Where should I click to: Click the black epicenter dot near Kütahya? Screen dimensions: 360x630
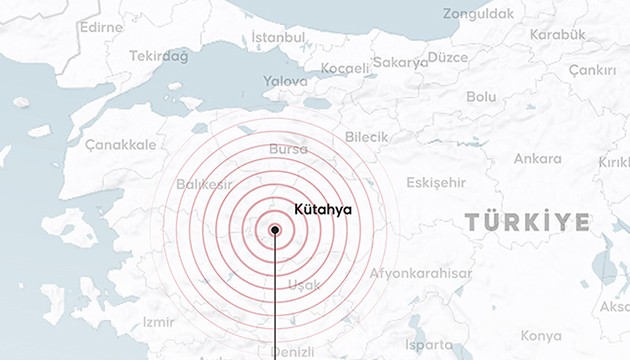pyautogui.click(x=275, y=230)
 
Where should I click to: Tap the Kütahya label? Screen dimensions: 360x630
pyautogui.click(x=323, y=209)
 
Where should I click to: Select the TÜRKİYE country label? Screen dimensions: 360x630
pyautogui.click(x=527, y=221)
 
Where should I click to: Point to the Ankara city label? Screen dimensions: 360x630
pyautogui.click(x=537, y=159)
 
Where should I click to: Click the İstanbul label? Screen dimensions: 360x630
pyautogui.click(x=278, y=37)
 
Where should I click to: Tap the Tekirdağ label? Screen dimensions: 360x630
pyautogui.click(x=159, y=57)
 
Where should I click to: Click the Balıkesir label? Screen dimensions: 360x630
pyautogui.click(x=204, y=185)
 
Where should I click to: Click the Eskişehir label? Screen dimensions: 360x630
pyautogui.click(x=437, y=182)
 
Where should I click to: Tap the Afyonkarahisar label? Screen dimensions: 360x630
pyautogui.click(x=421, y=273)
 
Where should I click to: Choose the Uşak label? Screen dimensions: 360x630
pyautogui.click(x=304, y=285)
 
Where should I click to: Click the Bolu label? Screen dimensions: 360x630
pyautogui.click(x=481, y=97)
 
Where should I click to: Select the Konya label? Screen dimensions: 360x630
pyautogui.click(x=541, y=336)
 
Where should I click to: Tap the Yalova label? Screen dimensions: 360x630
pyautogui.click(x=285, y=80)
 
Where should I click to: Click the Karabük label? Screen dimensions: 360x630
pyautogui.click(x=557, y=34)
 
